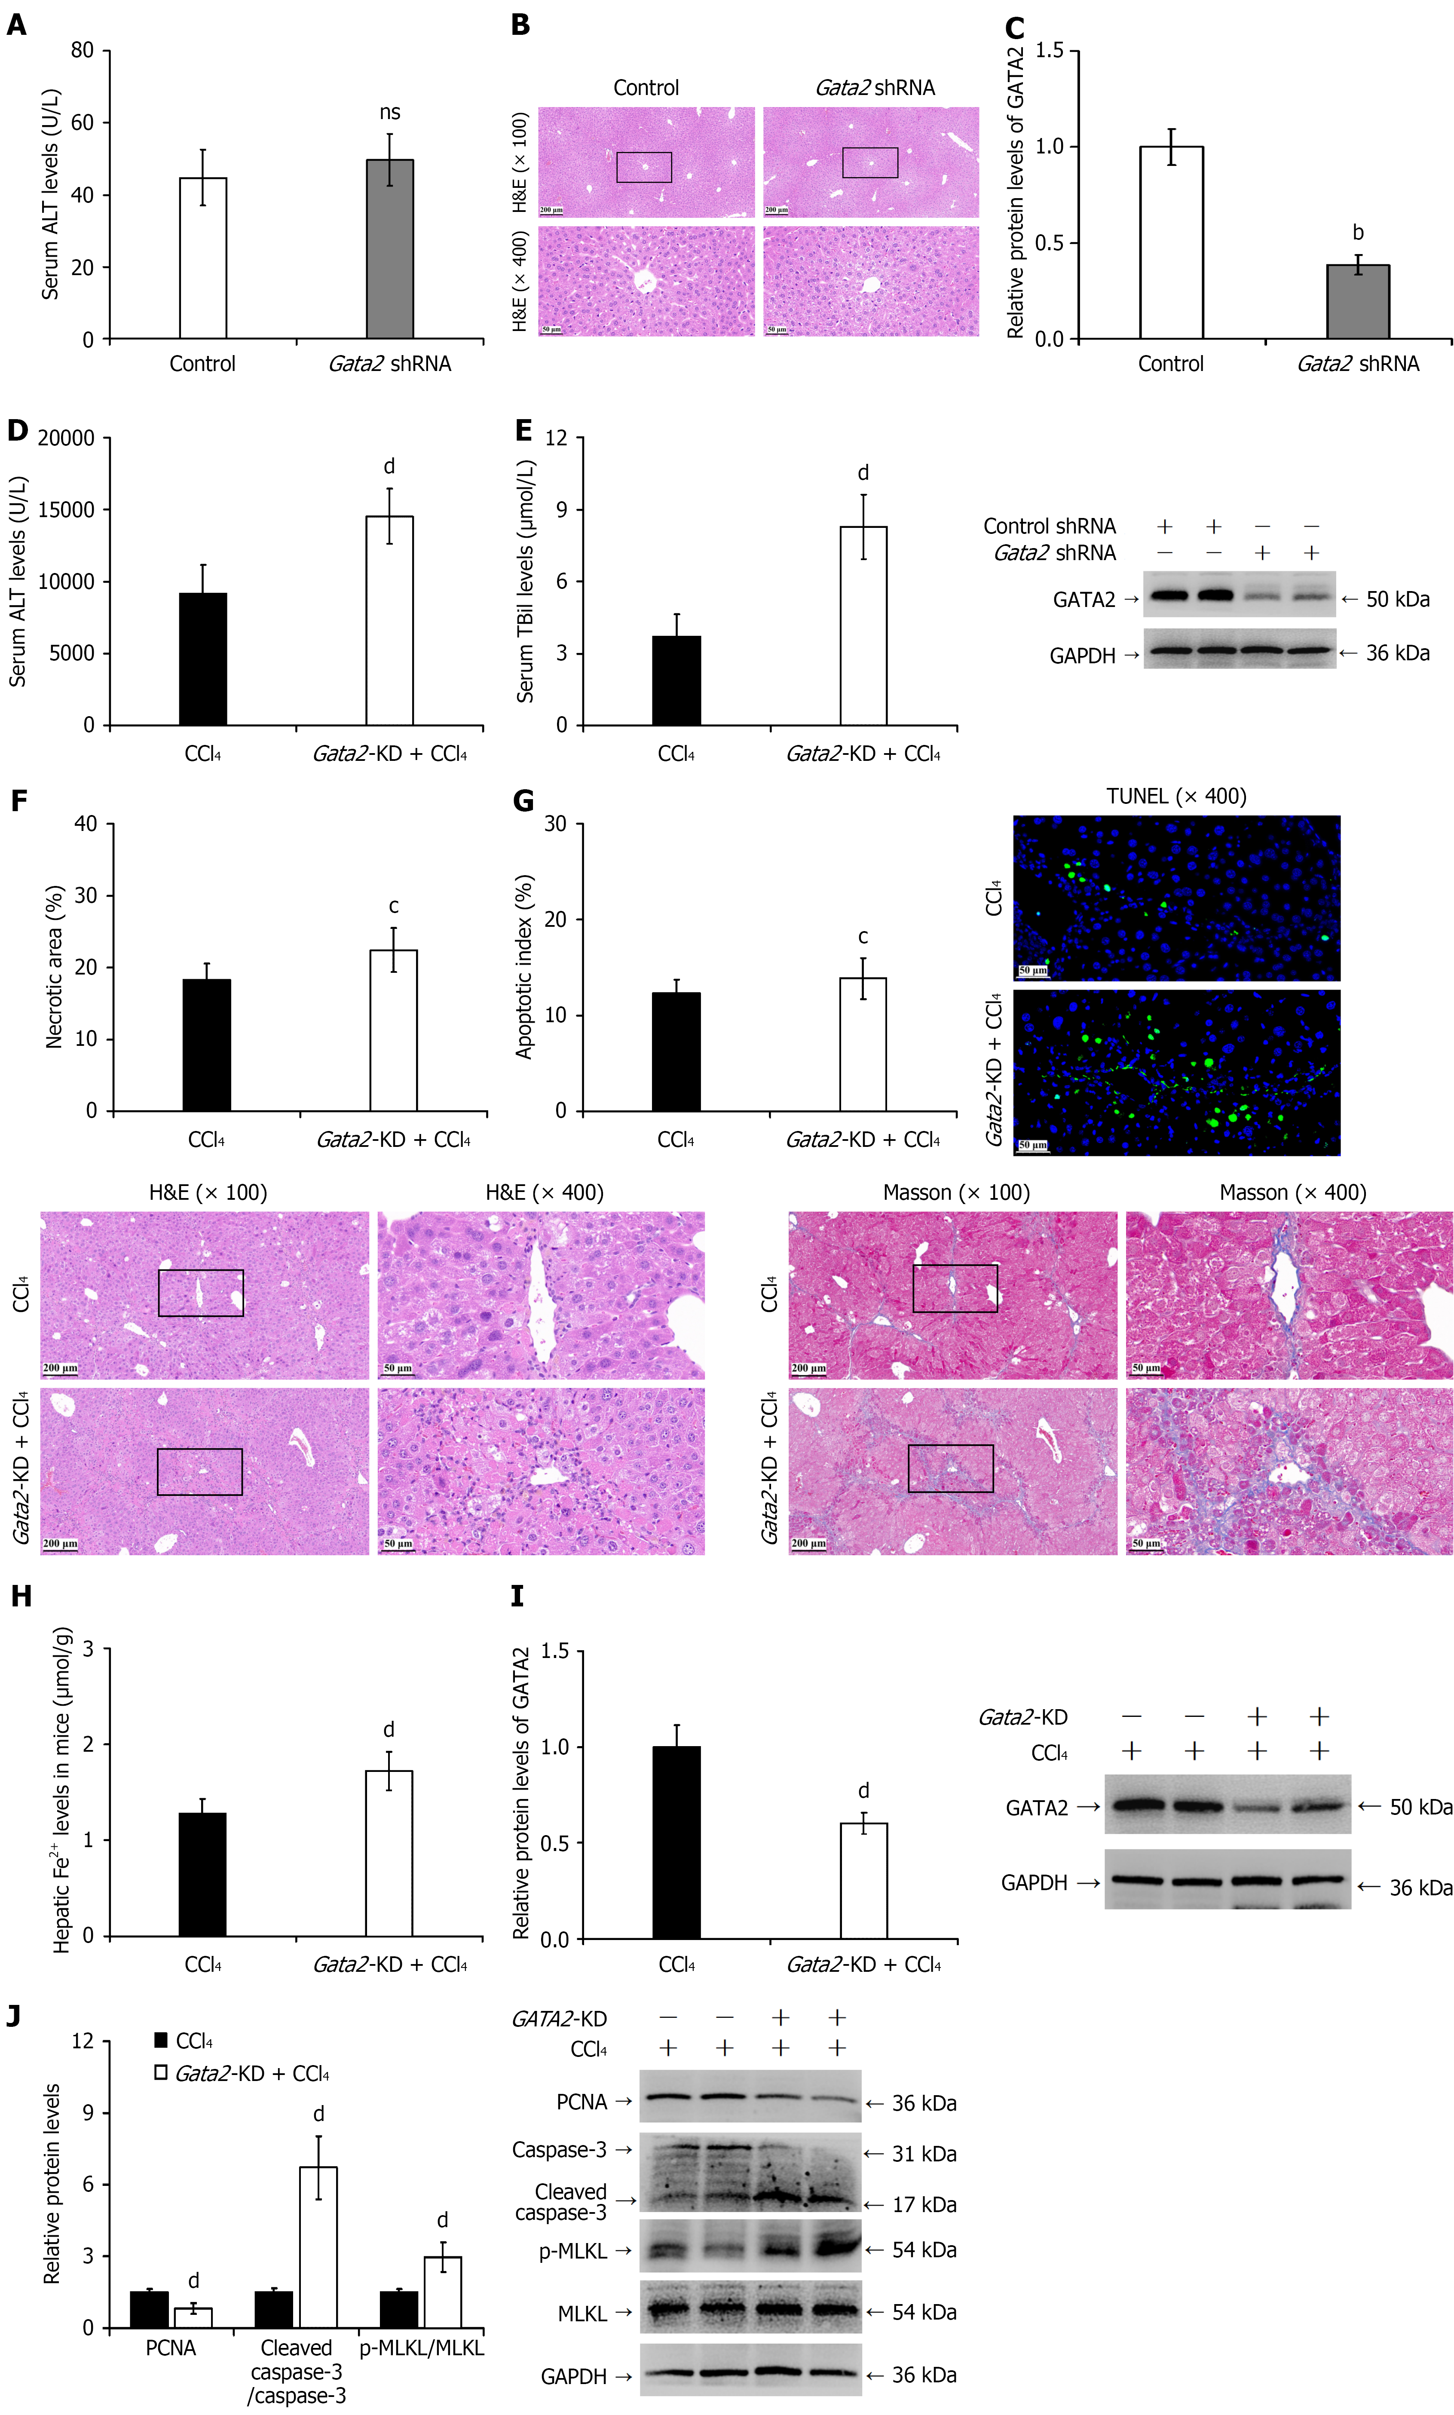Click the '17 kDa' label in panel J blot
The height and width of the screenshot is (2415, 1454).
coord(924,2204)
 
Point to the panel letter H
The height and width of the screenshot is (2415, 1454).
coord(21,1596)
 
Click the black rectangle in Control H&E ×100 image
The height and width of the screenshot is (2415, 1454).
coord(644,168)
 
